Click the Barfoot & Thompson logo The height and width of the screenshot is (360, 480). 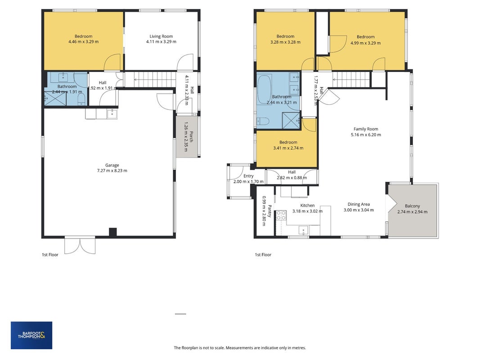point(31,335)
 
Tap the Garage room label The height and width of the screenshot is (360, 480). point(112,165)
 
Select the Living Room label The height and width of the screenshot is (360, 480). point(161,36)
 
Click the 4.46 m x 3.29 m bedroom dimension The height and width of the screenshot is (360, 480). point(84,42)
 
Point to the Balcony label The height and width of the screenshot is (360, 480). point(413,206)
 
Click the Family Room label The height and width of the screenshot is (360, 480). point(366,129)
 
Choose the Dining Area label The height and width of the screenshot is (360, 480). point(359,204)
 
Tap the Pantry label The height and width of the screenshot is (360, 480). point(270,211)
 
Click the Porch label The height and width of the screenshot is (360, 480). point(191,137)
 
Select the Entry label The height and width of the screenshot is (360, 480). point(248,176)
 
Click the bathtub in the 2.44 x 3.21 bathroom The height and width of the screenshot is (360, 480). point(265,89)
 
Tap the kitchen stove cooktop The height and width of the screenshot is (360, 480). point(281,216)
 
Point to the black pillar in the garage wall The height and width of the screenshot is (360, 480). point(113,232)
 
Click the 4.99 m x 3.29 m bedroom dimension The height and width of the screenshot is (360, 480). point(365,43)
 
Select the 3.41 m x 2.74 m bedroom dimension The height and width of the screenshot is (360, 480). point(288,148)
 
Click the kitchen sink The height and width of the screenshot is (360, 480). point(303,230)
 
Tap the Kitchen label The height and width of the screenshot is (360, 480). point(307,205)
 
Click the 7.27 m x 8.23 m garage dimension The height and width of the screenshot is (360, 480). point(112,171)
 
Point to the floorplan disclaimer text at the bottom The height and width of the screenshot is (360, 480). point(240,348)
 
